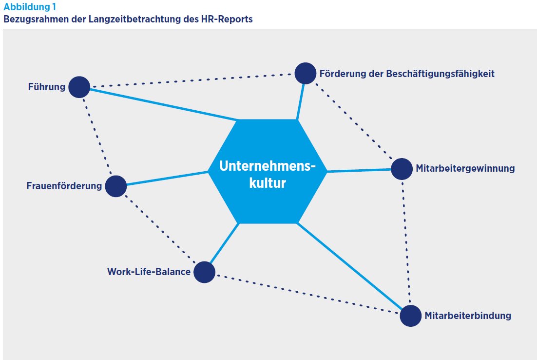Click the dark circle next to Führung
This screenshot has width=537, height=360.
(x=79, y=87)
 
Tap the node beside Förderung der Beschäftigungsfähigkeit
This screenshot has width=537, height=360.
(x=305, y=73)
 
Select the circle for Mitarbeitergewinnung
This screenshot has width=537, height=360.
(x=402, y=169)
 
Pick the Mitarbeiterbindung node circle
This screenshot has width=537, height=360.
(x=410, y=316)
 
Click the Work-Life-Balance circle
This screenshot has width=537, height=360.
(x=204, y=272)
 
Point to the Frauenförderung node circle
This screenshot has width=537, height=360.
(x=115, y=186)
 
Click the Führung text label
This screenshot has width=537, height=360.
(x=46, y=88)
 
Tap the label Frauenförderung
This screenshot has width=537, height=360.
(x=64, y=186)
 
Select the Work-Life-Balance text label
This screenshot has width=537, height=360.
(x=149, y=272)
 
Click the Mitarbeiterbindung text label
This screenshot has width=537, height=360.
(x=468, y=316)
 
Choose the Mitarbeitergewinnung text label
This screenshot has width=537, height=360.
(x=465, y=169)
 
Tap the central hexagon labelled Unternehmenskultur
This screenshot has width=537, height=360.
(x=267, y=171)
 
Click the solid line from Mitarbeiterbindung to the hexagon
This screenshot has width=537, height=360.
(x=351, y=267)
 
